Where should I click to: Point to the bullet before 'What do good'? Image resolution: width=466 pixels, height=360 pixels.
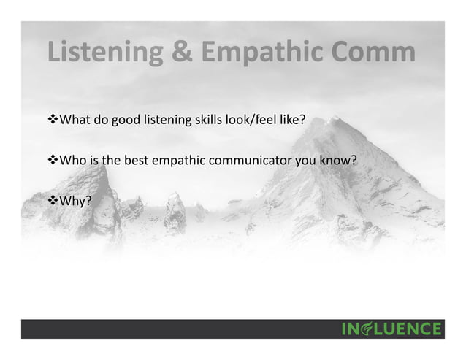(x=51, y=120)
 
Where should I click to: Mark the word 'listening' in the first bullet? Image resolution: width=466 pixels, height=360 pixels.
(x=156, y=120)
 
